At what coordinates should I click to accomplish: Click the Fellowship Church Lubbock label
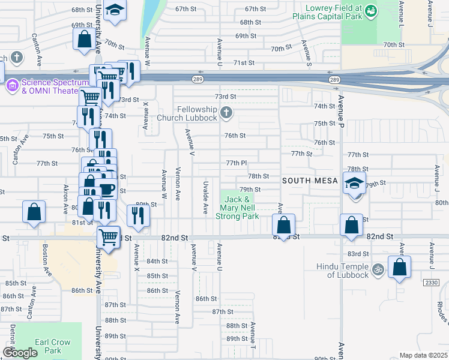coord(196,113)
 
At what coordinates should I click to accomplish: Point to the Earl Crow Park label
coord(53,346)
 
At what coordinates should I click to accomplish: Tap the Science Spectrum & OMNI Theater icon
coord(12,86)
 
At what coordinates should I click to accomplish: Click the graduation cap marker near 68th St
coord(114,10)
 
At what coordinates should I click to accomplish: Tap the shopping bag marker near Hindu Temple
coord(399,267)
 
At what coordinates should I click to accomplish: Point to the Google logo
coord(20,353)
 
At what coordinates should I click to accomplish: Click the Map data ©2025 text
coord(423,355)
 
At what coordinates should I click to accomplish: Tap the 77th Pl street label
coord(237,163)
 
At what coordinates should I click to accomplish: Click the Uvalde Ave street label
coord(205,200)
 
